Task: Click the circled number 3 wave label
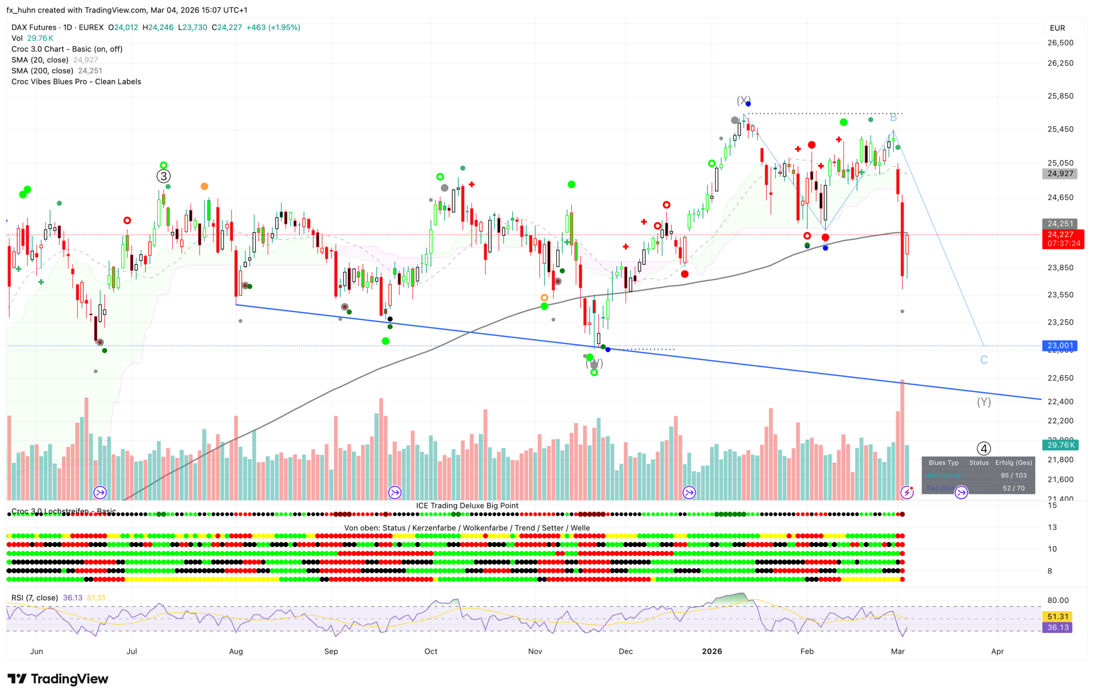tap(164, 176)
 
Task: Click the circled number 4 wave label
tap(984, 449)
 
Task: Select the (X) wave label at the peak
tap(743, 100)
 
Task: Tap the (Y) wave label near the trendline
tap(984, 402)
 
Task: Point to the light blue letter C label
tap(984, 360)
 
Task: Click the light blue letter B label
tap(893, 117)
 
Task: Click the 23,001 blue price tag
tap(1060, 345)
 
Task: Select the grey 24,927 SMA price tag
tap(1060, 174)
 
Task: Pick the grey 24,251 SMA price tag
tap(1060, 224)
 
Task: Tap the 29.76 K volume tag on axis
tap(1060, 445)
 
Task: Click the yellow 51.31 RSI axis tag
tap(1058, 617)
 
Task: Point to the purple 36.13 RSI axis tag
tap(1058, 628)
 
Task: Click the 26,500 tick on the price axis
tap(1060, 43)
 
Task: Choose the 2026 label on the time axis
tap(712, 651)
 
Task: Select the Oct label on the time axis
tap(431, 651)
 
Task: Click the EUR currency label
tap(1057, 28)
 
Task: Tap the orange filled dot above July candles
tap(204, 186)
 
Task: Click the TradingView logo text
tap(70, 679)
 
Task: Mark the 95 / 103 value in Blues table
tap(1013, 475)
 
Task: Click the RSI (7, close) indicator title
tap(35, 598)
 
